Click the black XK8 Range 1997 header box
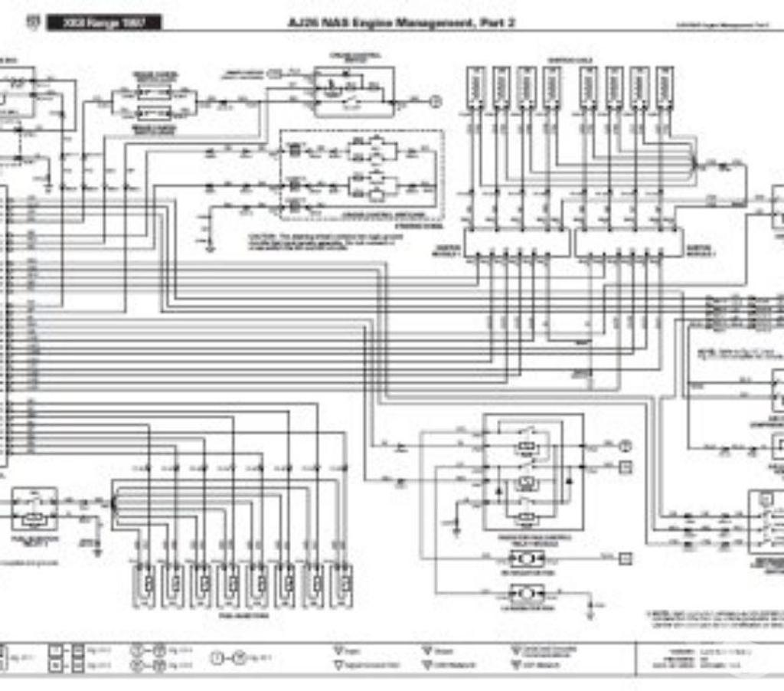click(x=104, y=23)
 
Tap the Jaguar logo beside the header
click(x=31, y=23)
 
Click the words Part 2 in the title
click(x=496, y=23)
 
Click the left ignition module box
click(x=518, y=244)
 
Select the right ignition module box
click(x=629, y=244)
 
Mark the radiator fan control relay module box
click(x=533, y=471)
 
